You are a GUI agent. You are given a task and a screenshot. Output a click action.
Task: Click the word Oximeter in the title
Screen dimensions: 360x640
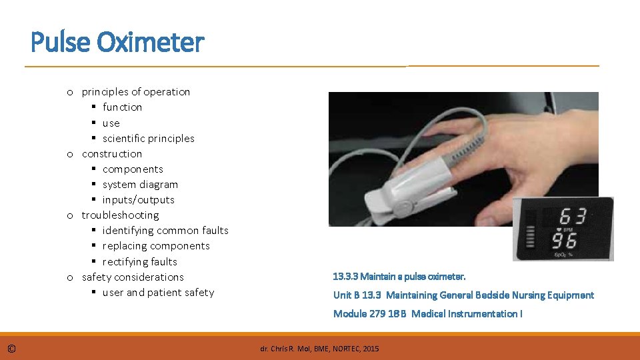click(x=150, y=43)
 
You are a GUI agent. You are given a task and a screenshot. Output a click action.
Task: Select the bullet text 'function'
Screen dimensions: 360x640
click(x=122, y=107)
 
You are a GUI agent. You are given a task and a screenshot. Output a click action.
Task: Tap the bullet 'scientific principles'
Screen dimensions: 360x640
click(x=148, y=139)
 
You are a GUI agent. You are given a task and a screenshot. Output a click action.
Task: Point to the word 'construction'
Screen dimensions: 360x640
click(x=112, y=154)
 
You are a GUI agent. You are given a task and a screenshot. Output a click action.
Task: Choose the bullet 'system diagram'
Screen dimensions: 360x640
click(x=140, y=185)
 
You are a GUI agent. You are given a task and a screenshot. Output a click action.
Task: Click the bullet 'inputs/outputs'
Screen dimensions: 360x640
click(x=138, y=200)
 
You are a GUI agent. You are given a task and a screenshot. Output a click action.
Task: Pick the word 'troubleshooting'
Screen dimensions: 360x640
click(x=120, y=215)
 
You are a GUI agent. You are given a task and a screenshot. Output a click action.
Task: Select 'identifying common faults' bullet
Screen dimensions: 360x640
click(x=165, y=231)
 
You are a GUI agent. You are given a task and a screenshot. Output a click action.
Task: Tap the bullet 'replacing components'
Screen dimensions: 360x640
click(x=155, y=246)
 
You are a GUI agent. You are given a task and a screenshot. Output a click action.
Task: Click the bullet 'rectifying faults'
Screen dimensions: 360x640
click(x=139, y=262)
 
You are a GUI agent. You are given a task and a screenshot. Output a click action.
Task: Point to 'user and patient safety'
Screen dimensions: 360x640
click(x=158, y=293)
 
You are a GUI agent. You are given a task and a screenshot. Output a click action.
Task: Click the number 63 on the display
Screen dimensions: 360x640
click(x=573, y=217)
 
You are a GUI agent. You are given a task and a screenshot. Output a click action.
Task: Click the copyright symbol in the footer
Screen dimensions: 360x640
click(x=12, y=349)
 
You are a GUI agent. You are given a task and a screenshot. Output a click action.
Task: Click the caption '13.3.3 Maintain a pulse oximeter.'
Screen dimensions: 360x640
click(x=399, y=276)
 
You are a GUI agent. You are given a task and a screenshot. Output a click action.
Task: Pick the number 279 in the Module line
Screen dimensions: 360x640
click(x=377, y=314)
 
